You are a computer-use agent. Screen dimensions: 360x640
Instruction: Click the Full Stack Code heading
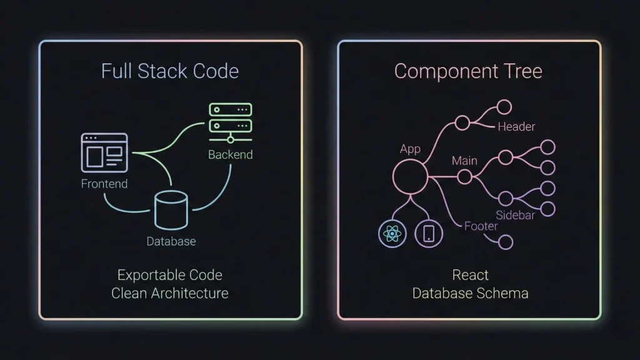(170, 71)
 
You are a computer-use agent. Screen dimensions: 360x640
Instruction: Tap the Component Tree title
(468, 71)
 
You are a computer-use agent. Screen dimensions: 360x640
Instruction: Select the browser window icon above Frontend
(104, 152)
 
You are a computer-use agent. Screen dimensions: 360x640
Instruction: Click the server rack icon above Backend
(230, 122)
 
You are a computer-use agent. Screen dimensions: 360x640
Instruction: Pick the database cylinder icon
(171, 211)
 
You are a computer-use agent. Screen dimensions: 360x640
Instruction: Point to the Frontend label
(104, 184)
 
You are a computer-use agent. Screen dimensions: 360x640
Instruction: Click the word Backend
(230, 154)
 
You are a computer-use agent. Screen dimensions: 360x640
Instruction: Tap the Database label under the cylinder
(171, 241)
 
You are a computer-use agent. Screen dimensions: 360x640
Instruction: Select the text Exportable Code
(170, 275)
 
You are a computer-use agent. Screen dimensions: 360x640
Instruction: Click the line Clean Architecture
(170, 292)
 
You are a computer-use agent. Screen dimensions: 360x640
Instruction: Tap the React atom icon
(392, 234)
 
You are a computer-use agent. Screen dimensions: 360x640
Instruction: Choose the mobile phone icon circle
(429, 234)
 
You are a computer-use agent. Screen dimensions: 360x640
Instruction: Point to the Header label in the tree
(516, 127)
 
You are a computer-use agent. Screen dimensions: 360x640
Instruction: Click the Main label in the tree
(464, 161)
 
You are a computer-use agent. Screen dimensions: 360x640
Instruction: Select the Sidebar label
(515, 216)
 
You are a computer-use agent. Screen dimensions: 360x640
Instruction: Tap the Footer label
(481, 226)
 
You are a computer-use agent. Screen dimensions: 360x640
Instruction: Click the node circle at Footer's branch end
(505, 242)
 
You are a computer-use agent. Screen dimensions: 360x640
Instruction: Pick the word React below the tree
(470, 275)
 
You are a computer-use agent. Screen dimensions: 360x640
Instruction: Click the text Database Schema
(470, 292)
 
